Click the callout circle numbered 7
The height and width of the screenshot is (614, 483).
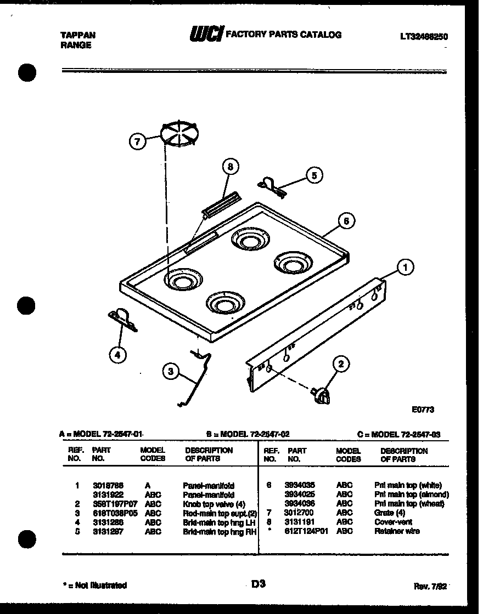coord(138,141)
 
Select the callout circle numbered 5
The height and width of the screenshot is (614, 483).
coord(314,175)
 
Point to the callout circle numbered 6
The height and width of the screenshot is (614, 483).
coord(346,221)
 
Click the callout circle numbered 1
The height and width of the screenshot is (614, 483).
coord(405,268)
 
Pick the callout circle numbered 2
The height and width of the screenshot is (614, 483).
coord(341,363)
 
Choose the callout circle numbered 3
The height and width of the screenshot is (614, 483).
coord(171,372)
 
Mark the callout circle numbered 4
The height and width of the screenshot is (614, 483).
coord(116,355)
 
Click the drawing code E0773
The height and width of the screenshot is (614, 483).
coord(423,409)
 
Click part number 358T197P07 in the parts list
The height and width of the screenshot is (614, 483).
coord(111,504)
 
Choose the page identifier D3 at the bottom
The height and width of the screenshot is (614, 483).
coord(259,584)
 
